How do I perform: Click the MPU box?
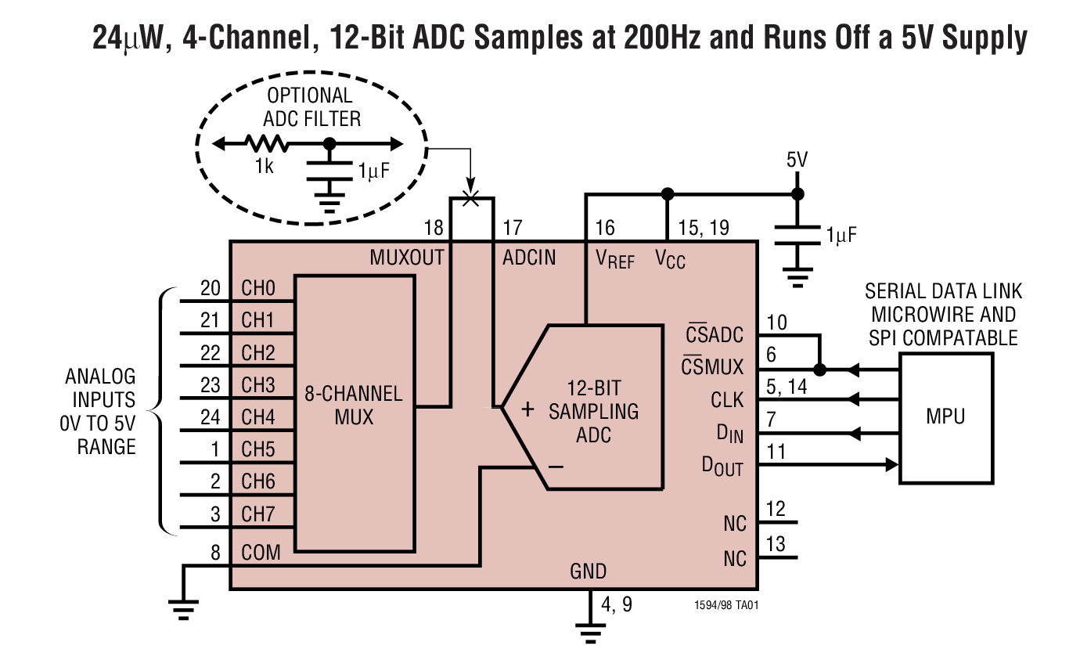tap(946, 416)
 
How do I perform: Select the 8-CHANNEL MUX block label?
tap(353, 405)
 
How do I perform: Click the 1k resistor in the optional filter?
tap(267, 144)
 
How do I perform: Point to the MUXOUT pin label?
tap(407, 258)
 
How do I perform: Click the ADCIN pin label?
tap(529, 258)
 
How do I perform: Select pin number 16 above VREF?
tap(605, 228)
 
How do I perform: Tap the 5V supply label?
tap(797, 161)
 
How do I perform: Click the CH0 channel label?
tap(258, 289)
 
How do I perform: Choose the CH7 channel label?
tap(258, 514)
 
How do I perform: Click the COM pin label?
tap(261, 553)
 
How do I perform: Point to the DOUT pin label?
tap(722, 467)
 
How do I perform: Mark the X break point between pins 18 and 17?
tap(470, 197)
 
